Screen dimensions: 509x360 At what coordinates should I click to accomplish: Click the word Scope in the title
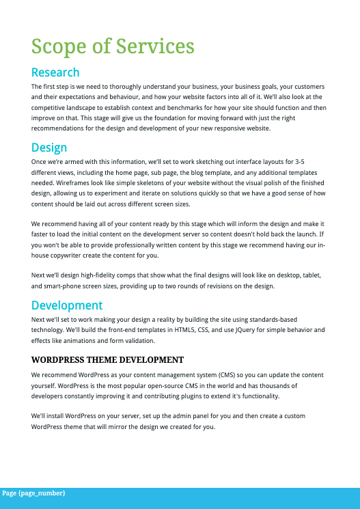point(58,47)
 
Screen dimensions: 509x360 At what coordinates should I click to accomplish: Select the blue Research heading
point(55,72)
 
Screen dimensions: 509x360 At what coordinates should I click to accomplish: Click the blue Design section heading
point(49,148)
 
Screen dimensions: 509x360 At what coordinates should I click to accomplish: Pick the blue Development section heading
point(67,305)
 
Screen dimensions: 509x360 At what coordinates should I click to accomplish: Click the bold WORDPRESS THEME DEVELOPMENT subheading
point(107,359)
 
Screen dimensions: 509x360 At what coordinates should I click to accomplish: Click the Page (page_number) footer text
point(33,493)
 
